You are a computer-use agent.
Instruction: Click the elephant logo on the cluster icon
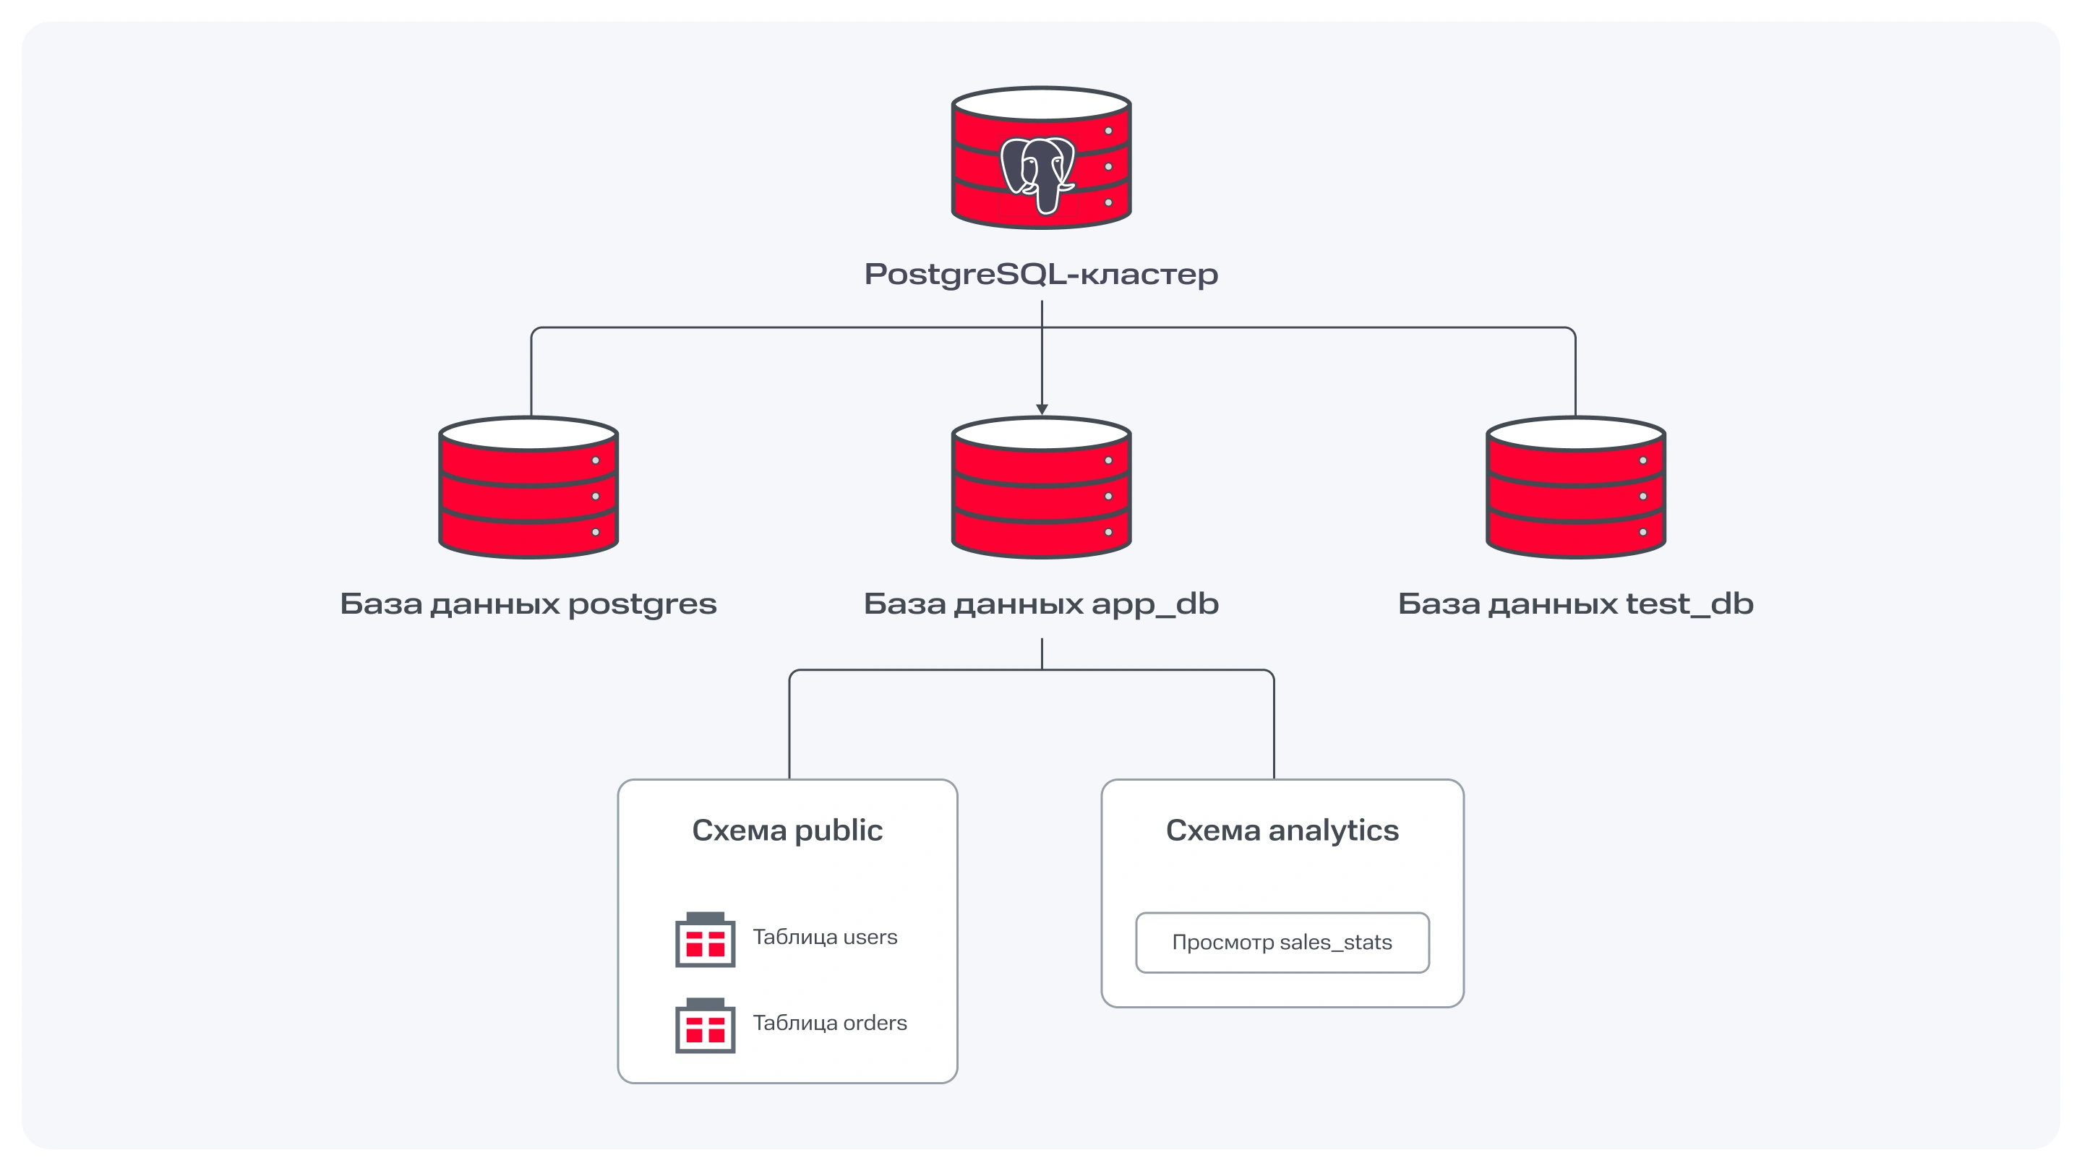click(1039, 173)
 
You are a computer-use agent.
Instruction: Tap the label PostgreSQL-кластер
click(1041, 275)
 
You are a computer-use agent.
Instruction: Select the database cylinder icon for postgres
click(528, 488)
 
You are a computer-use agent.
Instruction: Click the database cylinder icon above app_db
click(1041, 488)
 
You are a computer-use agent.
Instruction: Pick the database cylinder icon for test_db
click(1575, 488)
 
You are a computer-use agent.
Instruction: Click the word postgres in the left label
click(642, 604)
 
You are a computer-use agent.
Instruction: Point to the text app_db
click(1155, 604)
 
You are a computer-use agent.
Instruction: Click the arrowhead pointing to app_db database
click(1042, 409)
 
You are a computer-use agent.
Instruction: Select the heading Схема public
click(787, 831)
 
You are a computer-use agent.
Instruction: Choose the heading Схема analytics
click(1282, 831)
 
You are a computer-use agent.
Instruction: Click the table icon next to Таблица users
click(705, 940)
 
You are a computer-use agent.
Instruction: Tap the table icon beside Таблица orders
click(705, 1026)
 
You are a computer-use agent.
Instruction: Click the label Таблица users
click(824, 938)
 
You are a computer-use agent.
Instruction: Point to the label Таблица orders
click(829, 1023)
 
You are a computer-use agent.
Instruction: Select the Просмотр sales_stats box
click(1282, 943)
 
